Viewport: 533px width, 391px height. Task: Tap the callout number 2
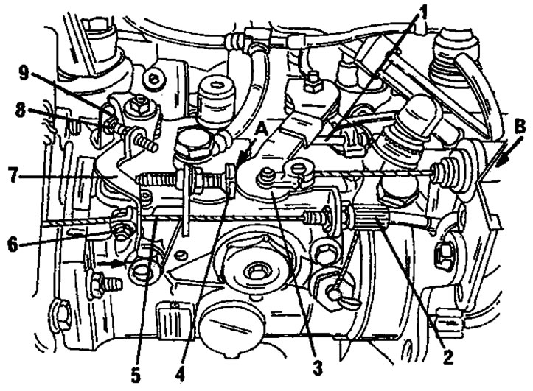(x=448, y=356)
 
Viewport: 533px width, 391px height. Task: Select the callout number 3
(x=318, y=368)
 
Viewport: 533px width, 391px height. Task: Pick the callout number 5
(x=136, y=375)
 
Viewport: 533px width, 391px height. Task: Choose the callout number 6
(x=13, y=245)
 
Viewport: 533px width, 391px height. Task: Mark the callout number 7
(x=13, y=175)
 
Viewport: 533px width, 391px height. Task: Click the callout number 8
(x=21, y=110)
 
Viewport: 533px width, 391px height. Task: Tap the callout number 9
(x=24, y=74)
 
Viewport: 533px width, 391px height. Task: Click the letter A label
(x=262, y=130)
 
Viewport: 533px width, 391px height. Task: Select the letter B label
(x=520, y=126)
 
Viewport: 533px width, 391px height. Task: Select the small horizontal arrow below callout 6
(x=109, y=263)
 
